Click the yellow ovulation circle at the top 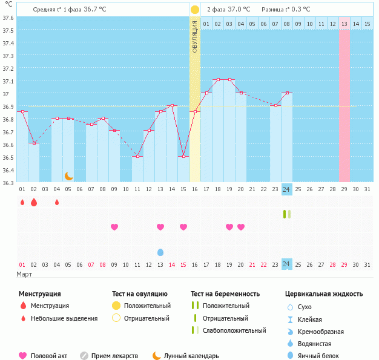tap(195, 10)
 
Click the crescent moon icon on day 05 tap(69, 176)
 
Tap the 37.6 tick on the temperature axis tap(8, 18)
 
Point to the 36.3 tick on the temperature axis tap(8, 182)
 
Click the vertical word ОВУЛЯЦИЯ tap(195, 36)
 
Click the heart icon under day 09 tap(114, 227)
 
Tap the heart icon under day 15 tap(183, 227)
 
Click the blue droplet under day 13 tap(160, 252)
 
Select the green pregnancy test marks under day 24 tap(287, 214)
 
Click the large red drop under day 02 tap(34, 202)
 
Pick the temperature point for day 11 tap(137, 157)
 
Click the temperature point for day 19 tap(229, 80)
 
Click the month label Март tap(24, 275)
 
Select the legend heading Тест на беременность tap(225, 294)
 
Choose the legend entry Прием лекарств tap(114, 356)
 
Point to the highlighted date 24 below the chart tap(287, 264)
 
